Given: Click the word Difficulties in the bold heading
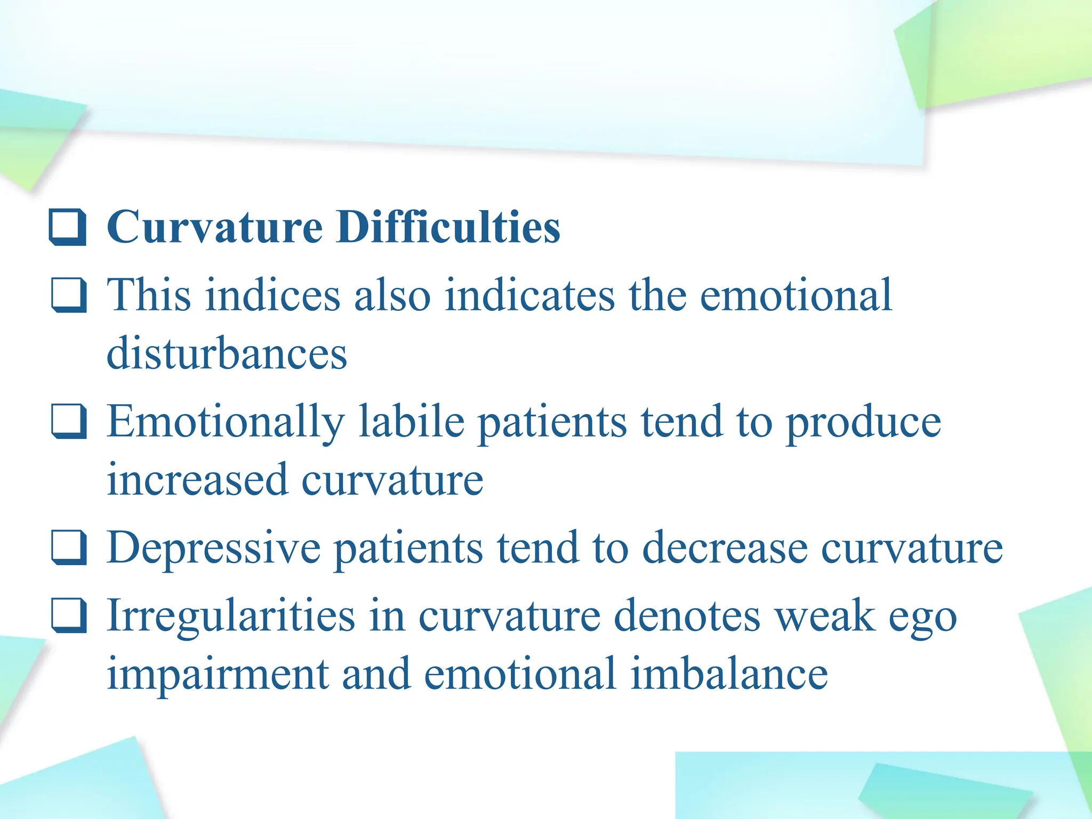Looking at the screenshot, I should [x=448, y=227].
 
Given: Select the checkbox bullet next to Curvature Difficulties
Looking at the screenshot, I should [x=68, y=228].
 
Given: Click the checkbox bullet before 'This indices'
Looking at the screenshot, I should [x=69, y=295].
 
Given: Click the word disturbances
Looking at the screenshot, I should [x=227, y=353].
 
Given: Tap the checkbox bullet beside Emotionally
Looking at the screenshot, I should [x=69, y=421].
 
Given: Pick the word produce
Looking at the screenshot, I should [x=864, y=422].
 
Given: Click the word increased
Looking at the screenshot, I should [x=197, y=479].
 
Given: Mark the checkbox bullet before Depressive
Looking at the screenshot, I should [x=69, y=548].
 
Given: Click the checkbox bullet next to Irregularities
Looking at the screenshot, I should [x=69, y=615].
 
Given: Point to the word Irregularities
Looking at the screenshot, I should [x=230, y=616].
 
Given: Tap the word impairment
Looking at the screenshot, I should [x=218, y=674].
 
